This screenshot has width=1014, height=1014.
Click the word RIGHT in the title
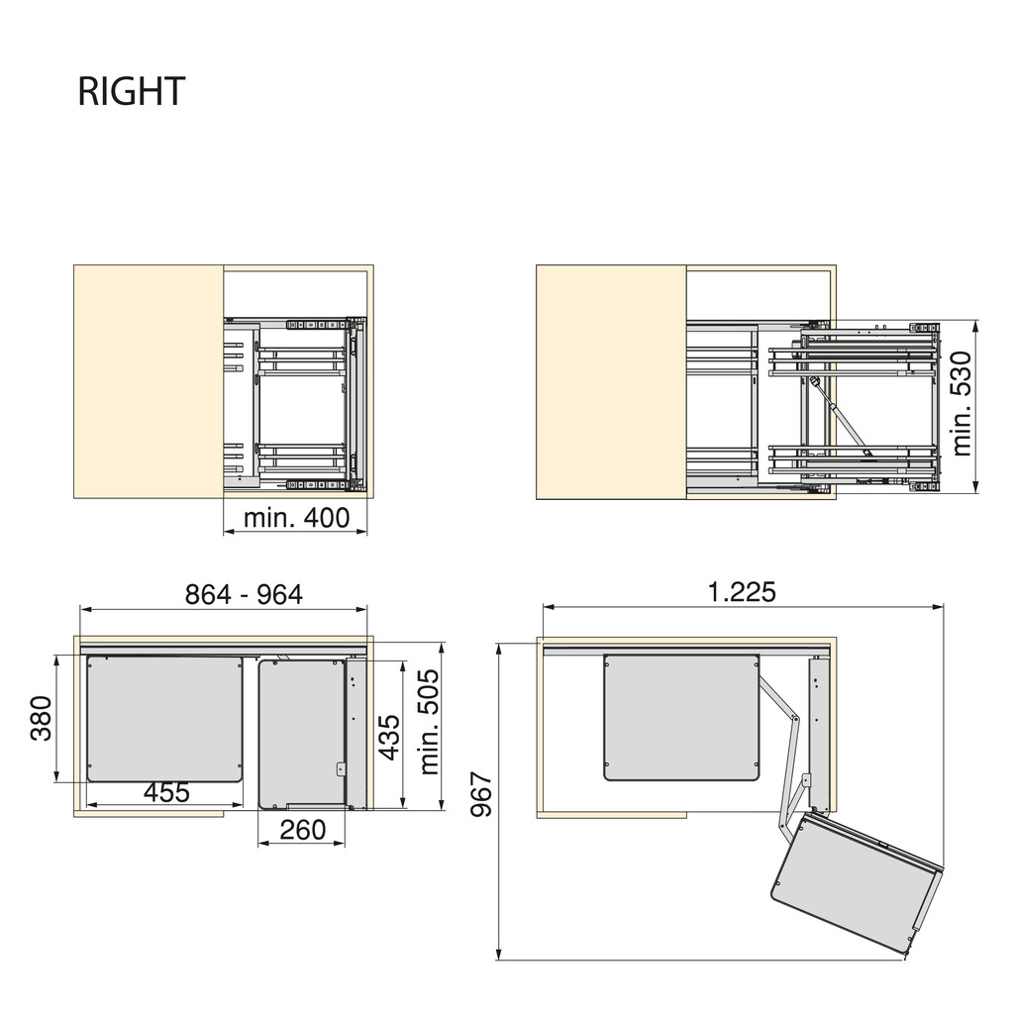pos(131,91)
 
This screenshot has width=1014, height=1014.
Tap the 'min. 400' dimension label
pos(296,517)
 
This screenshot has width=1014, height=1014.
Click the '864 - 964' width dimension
pos(244,594)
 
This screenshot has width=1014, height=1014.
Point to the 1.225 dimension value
pos(741,591)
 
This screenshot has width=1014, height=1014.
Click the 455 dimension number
pos(166,793)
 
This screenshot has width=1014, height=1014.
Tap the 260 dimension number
pos(302,830)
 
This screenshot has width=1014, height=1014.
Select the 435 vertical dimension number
pos(390,737)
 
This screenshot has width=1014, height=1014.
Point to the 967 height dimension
pos(481,794)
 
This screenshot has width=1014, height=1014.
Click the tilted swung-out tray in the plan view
pos(854,881)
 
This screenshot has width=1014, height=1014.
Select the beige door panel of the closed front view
pos(149,381)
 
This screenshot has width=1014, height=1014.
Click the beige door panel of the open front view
pos(610,381)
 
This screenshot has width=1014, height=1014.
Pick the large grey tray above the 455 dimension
pos(164,717)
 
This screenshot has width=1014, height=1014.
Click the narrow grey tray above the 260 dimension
pos(301,734)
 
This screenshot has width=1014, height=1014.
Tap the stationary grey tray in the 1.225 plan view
pos(681,716)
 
